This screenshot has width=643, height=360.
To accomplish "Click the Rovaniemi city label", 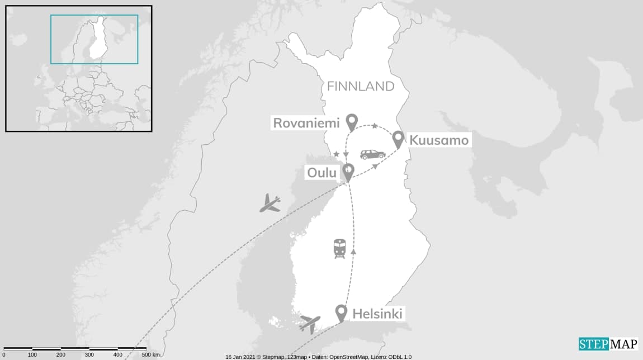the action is (x=307, y=123).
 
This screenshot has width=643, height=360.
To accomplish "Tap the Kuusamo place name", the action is (x=439, y=140).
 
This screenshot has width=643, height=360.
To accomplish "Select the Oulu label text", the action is (x=321, y=173).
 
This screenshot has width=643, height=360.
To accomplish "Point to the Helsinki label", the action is (x=377, y=314).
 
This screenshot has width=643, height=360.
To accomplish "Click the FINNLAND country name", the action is (x=361, y=87).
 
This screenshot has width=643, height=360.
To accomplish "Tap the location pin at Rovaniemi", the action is (x=352, y=121).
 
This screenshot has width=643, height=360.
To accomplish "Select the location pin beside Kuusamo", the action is (x=398, y=139).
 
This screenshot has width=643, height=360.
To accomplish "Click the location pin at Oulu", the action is (x=348, y=171).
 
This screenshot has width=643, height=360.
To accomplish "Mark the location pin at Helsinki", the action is (x=341, y=312).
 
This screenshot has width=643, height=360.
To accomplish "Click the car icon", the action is (x=372, y=154).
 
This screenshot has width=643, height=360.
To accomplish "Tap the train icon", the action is (x=339, y=248).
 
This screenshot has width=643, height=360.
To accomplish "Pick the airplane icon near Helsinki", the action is (x=310, y=323).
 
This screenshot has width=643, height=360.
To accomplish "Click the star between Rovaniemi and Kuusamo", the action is (x=375, y=126).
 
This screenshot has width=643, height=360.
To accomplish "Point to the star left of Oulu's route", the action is (x=336, y=154).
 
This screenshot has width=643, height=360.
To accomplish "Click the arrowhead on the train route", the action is (x=353, y=252).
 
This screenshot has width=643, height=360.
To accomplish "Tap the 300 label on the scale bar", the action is (x=89, y=355).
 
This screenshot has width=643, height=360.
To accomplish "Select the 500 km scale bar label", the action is (x=150, y=355).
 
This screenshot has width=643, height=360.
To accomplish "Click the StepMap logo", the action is (x=608, y=344).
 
